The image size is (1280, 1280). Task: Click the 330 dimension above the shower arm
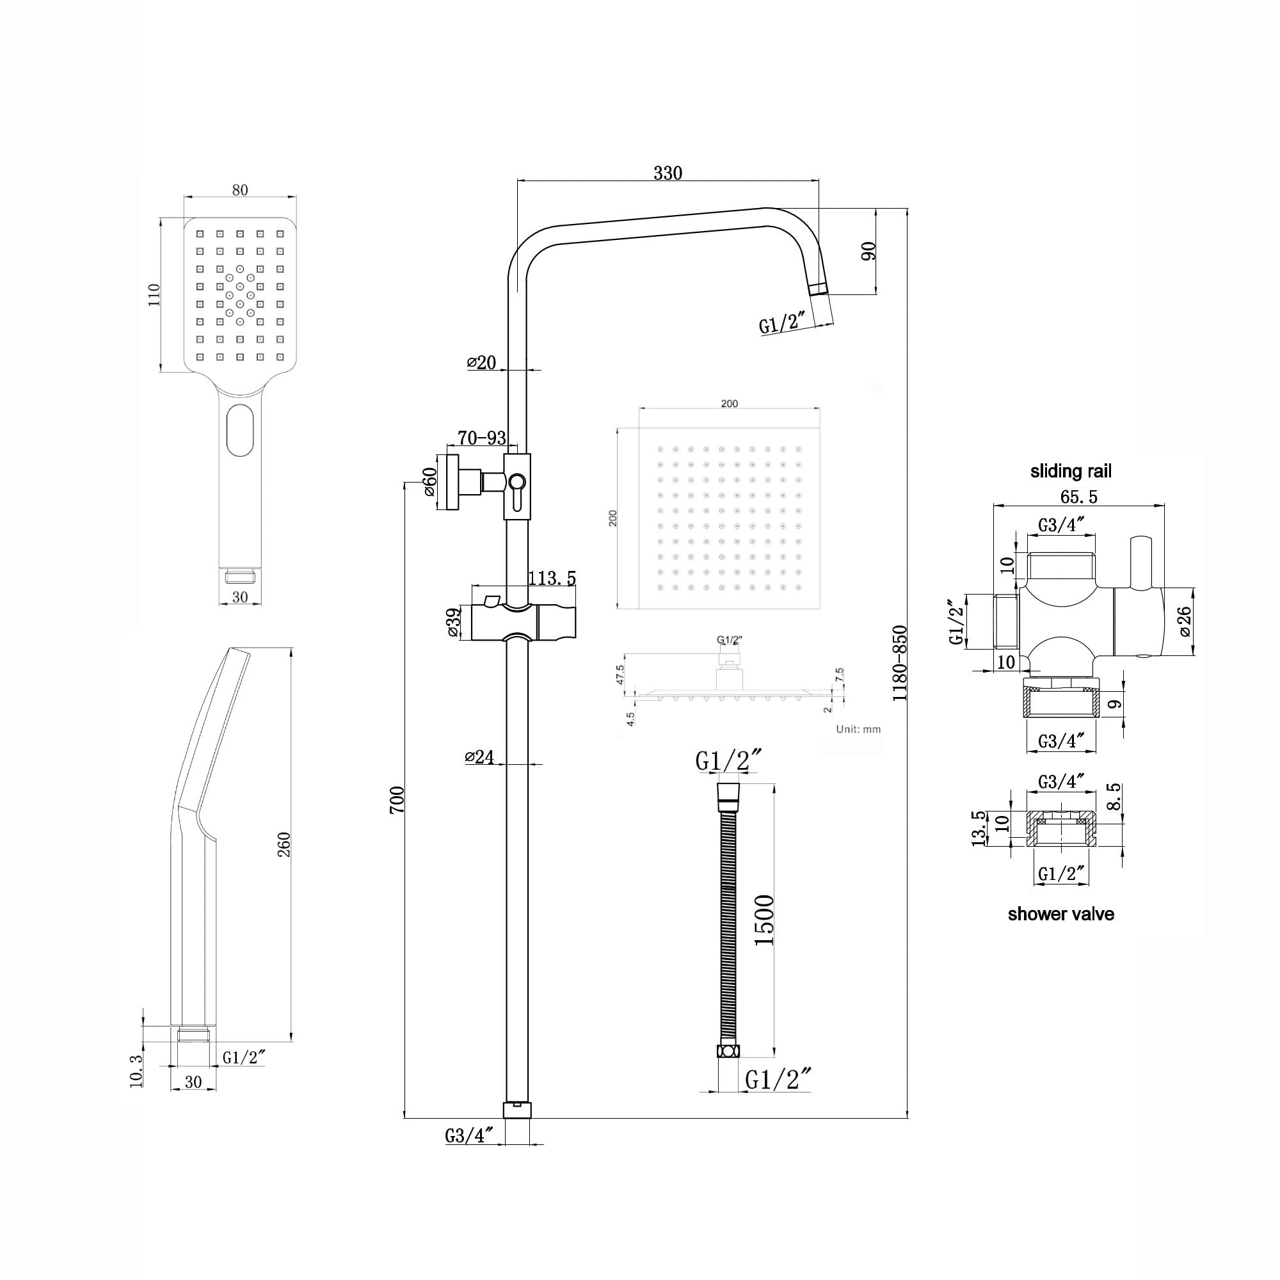(667, 173)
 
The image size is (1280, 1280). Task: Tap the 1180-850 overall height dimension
(900, 663)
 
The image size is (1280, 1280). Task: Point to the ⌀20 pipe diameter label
(482, 362)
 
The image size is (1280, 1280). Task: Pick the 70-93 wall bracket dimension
(482, 438)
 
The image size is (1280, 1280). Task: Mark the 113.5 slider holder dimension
(551, 579)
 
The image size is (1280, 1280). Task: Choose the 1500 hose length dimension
(764, 920)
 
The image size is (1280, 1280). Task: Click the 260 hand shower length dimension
(284, 845)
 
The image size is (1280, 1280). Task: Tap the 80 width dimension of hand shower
(240, 190)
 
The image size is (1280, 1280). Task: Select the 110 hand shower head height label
(154, 295)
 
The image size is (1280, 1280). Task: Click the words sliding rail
(1071, 472)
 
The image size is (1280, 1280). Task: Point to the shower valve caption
(1060, 915)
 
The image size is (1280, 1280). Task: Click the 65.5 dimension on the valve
(1078, 496)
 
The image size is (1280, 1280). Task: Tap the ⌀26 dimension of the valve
(1185, 621)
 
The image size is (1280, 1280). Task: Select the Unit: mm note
(858, 730)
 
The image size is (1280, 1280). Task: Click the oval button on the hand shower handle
(240, 430)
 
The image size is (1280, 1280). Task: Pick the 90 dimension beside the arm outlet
(868, 251)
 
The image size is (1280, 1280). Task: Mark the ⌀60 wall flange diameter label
(429, 482)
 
